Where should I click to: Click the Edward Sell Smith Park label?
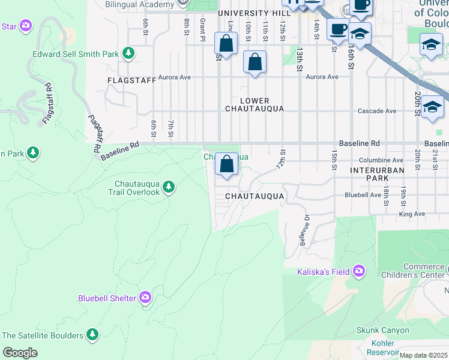point(75,54)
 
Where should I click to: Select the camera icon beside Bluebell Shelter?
point(145,298)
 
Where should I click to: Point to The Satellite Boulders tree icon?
point(92,335)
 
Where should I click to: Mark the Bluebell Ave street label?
point(363,195)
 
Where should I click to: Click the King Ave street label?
point(411,214)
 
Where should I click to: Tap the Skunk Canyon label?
point(382,330)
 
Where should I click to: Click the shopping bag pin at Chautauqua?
point(226,164)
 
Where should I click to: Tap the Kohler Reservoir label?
point(384,347)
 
